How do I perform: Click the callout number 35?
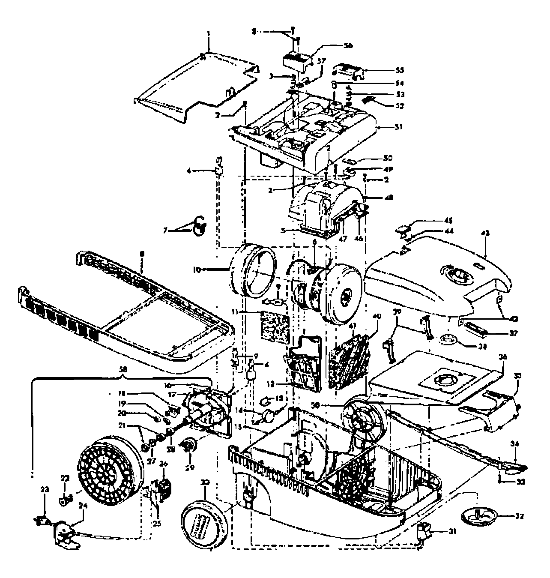click(x=517, y=376)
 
